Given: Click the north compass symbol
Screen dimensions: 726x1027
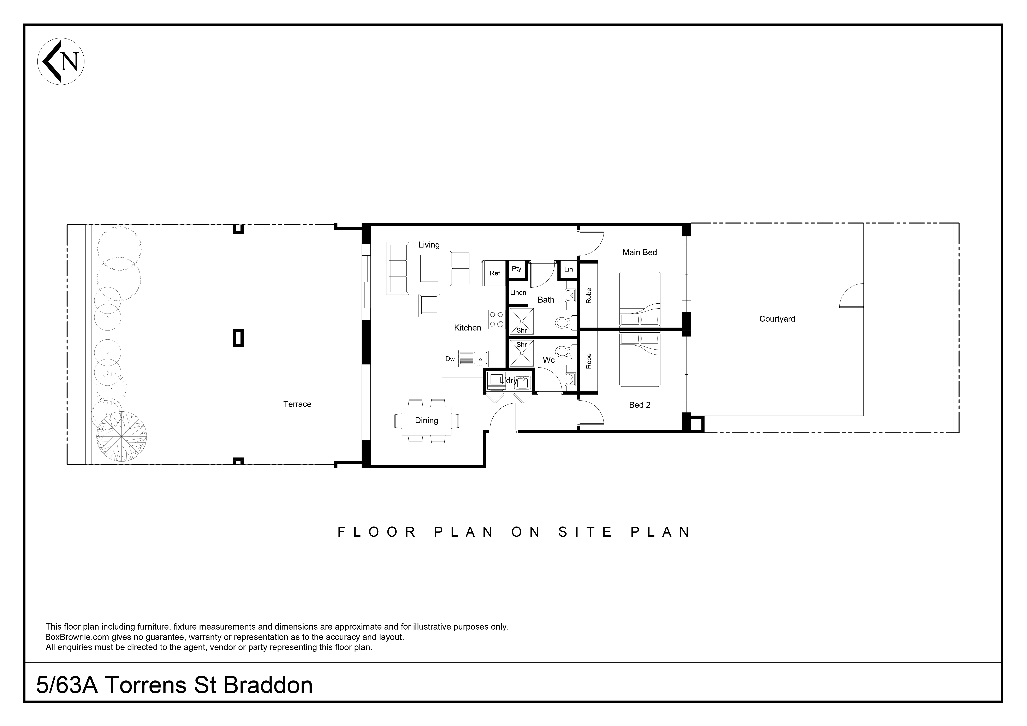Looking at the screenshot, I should (x=61, y=61).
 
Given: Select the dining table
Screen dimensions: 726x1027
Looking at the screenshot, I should (x=426, y=421).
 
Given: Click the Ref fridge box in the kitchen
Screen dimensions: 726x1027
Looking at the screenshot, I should (x=494, y=273).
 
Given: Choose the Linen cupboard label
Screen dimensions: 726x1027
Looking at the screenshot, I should (x=518, y=293).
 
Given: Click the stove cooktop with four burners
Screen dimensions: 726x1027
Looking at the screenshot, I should (x=497, y=319).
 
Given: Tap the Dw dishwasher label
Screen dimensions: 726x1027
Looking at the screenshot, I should (x=450, y=359).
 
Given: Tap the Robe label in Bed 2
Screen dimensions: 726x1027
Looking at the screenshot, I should (x=589, y=361).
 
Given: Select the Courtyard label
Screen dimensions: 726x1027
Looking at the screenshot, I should (x=777, y=319).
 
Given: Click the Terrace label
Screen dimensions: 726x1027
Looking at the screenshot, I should (x=297, y=404).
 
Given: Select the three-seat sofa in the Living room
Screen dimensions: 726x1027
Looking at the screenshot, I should (x=397, y=268).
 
